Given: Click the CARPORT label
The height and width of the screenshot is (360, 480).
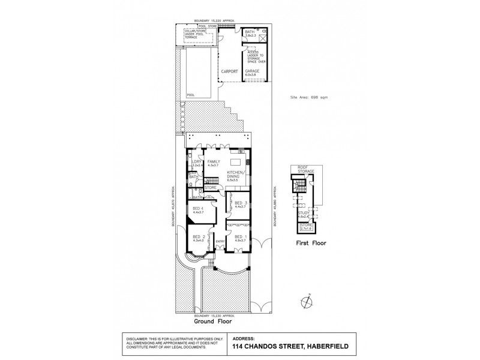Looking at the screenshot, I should tap(229, 71).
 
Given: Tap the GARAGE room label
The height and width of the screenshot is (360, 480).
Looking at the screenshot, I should tap(252, 71).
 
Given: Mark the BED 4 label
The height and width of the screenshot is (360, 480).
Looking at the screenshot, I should tap(199, 209).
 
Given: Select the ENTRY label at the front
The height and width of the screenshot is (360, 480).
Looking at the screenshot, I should tap(220, 242).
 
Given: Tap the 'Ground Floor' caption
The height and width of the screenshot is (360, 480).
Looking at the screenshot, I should tap(221, 320).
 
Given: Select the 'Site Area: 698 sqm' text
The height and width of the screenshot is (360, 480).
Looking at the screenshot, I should tap(308, 97).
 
